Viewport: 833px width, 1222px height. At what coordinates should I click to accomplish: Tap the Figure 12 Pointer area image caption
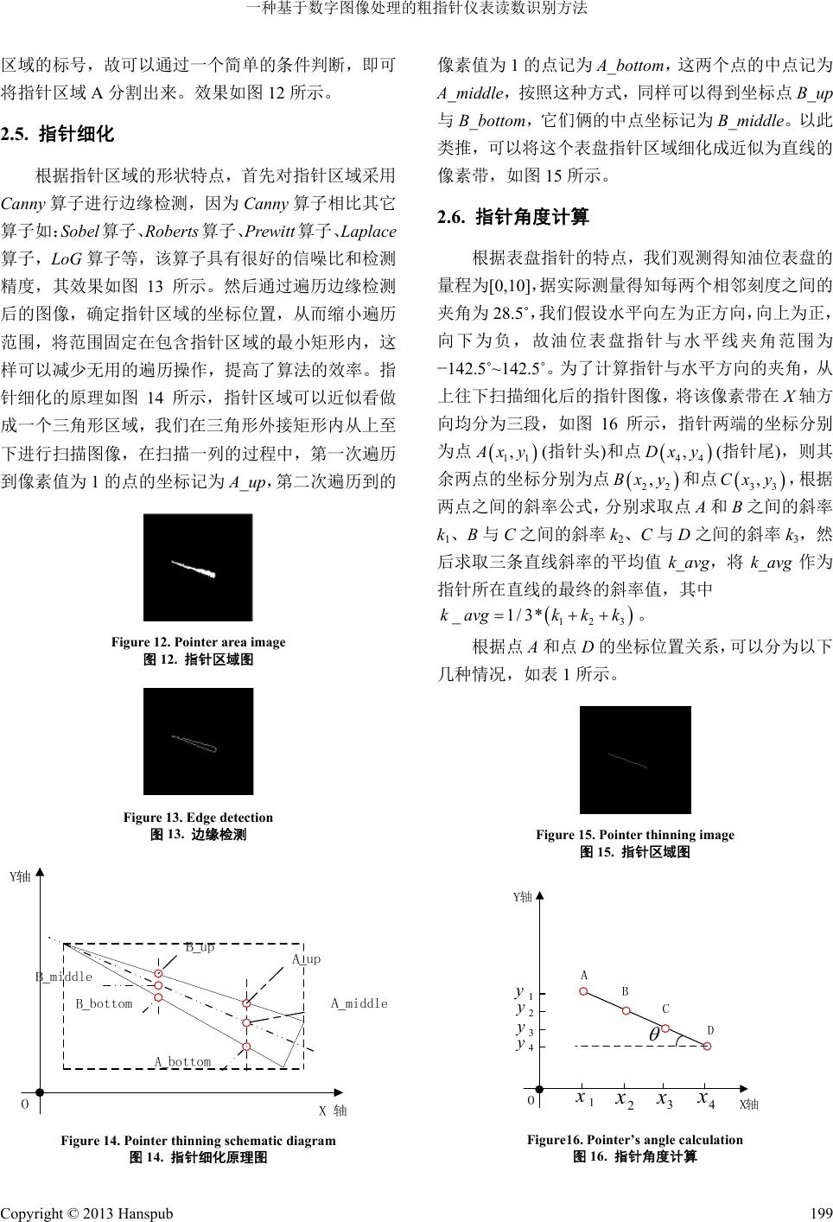[198, 642]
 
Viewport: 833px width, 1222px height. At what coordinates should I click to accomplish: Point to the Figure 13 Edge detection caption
[198, 818]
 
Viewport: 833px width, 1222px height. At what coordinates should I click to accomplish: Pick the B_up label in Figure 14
[200, 947]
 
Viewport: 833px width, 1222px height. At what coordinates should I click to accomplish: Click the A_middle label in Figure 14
[359, 1003]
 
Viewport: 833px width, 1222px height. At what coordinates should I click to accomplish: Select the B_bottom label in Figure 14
[104, 1003]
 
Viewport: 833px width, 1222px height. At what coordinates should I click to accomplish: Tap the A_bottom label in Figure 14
[182, 1061]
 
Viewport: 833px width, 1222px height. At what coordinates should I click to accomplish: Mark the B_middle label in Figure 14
[63, 977]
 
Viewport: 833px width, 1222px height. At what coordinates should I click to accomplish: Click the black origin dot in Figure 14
[40, 1092]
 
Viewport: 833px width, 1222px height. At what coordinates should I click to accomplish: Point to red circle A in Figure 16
[584, 991]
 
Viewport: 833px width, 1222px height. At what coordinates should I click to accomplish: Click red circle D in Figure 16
[708, 1046]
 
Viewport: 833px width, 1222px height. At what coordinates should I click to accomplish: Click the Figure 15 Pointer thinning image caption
[634, 835]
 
